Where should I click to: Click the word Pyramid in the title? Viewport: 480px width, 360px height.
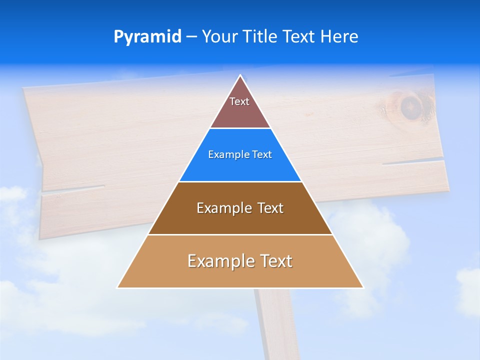click(147, 36)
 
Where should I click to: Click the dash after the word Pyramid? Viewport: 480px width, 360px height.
click(191, 37)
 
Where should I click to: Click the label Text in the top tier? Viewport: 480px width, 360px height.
click(239, 101)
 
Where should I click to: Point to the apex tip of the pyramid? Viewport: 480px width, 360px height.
click(240, 76)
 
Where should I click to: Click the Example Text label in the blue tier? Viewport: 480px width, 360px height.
click(240, 155)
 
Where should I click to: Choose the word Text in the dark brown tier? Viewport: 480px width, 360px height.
click(270, 208)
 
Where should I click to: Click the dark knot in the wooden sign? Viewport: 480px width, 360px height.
click(410, 106)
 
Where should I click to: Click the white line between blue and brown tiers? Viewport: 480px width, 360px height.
click(240, 181)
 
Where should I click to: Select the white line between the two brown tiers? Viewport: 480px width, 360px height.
click(240, 234)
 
